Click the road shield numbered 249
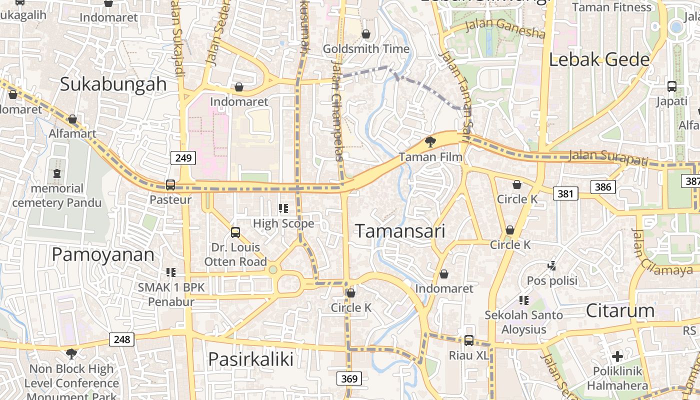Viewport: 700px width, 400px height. (x=183, y=158)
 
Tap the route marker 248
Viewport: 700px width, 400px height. (x=121, y=339)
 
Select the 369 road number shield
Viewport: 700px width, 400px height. (x=349, y=378)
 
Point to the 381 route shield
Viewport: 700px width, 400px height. (x=565, y=193)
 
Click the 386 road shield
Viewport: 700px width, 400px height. (x=603, y=187)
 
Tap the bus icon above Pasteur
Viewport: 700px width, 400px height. (x=170, y=184)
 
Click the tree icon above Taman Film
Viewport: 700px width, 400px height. (x=430, y=142)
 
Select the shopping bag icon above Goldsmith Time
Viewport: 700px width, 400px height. (x=366, y=34)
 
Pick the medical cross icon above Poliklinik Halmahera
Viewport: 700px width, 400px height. (x=617, y=356)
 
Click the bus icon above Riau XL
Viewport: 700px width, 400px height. (x=468, y=340)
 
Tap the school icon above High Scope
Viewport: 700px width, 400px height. (x=283, y=208)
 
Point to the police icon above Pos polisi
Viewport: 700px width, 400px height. (x=552, y=265)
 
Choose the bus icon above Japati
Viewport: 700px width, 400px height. (x=672, y=86)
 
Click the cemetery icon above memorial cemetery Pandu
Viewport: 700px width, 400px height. (x=57, y=173)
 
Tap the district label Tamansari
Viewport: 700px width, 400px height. (x=400, y=231)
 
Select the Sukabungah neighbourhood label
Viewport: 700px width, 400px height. (x=113, y=84)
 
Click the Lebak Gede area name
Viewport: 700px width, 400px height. (x=599, y=60)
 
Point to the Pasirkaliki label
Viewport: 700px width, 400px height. (x=250, y=359)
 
